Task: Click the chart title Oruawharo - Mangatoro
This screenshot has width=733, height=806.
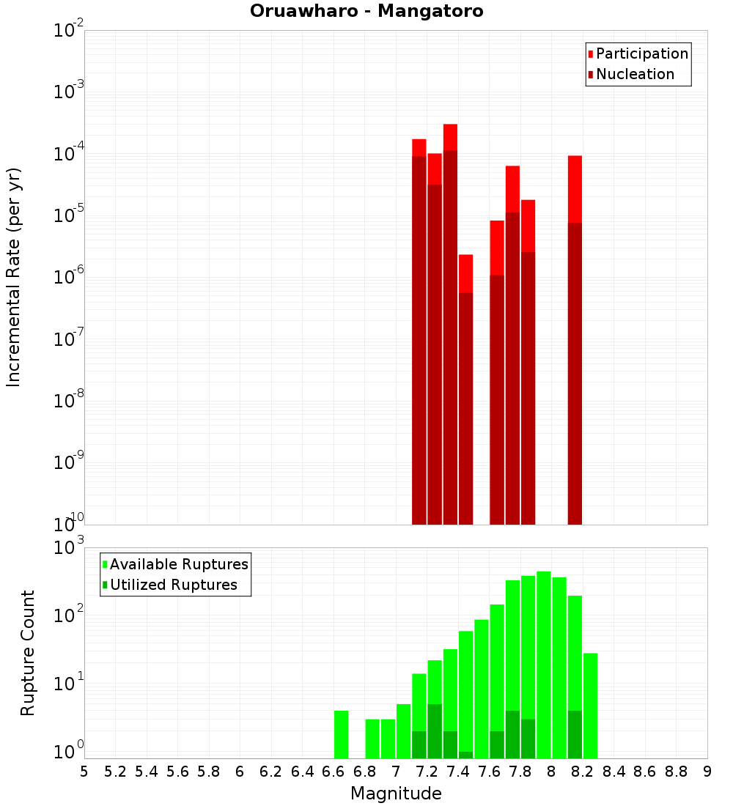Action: coord(366,12)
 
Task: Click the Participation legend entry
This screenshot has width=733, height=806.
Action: coord(638,53)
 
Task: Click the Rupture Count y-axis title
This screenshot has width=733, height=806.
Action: coord(28,652)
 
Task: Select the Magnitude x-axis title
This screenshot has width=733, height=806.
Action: coord(396,793)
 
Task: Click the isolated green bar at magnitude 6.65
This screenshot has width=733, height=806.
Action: coord(341,734)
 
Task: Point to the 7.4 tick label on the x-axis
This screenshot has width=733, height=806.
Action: coord(458,772)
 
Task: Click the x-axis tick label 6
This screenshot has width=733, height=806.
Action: coord(240,772)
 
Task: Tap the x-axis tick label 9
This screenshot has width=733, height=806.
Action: coord(707,772)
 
